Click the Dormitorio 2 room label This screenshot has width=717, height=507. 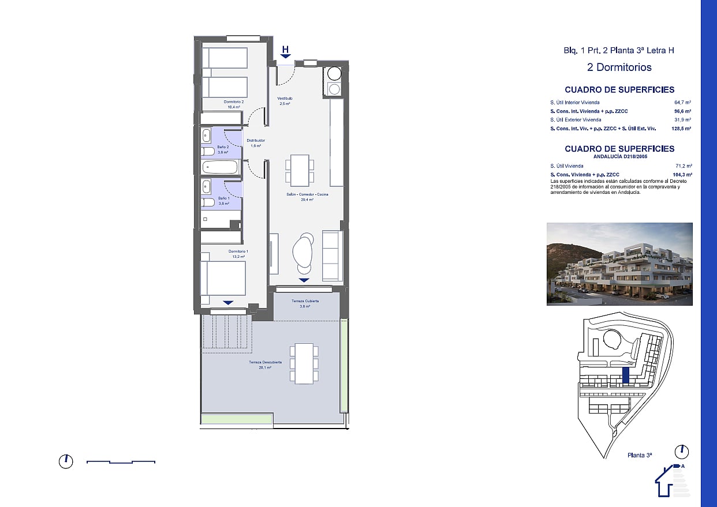235,102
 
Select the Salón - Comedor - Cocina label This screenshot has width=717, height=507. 307,195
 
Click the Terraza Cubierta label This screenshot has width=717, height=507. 305,302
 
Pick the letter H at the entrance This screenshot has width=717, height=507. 285,50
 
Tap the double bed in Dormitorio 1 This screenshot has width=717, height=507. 223,279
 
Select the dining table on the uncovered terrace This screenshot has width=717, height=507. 304,363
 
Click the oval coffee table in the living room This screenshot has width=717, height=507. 304,251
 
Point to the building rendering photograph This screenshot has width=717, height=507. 619,264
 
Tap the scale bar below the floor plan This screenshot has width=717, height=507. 121,461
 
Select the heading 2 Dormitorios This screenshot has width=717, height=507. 619,67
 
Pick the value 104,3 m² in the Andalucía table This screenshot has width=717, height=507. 682,174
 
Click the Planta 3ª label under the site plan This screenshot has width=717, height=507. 640,455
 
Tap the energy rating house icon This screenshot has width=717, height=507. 671,480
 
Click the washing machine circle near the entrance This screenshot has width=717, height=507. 334,74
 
